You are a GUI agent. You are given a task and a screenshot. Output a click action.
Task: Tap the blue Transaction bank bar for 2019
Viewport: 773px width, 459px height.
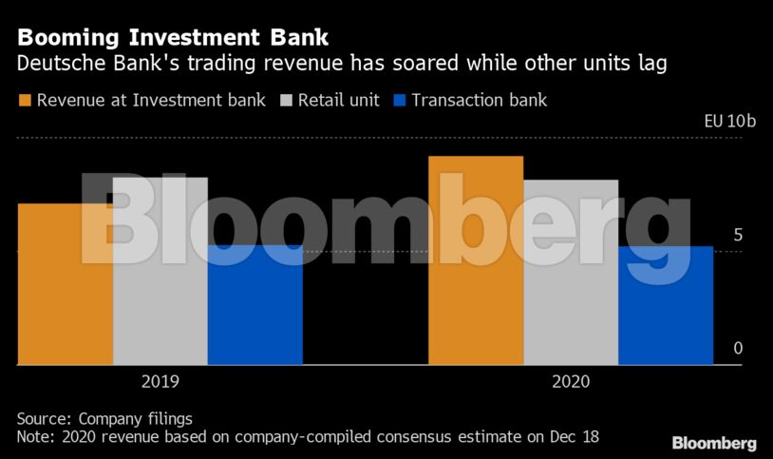tap(255, 304)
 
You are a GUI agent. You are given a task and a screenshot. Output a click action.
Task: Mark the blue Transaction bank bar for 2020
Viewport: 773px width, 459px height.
tap(665, 304)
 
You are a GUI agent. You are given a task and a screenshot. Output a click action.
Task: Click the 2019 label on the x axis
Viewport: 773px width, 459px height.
tap(160, 382)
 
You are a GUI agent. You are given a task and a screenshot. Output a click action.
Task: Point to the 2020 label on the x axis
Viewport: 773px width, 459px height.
tap(570, 382)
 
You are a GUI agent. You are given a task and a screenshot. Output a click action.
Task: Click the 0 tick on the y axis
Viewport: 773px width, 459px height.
tap(737, 350)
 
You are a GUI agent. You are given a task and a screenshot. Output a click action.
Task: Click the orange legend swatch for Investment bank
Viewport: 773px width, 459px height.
tap(24, 100)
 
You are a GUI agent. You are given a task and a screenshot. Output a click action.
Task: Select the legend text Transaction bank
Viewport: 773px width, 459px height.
tap(481, 100)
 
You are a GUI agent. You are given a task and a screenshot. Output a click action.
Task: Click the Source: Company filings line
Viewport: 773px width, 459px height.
tap(104, 418)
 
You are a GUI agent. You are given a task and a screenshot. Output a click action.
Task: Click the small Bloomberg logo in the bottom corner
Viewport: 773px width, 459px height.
tap(714, 443)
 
